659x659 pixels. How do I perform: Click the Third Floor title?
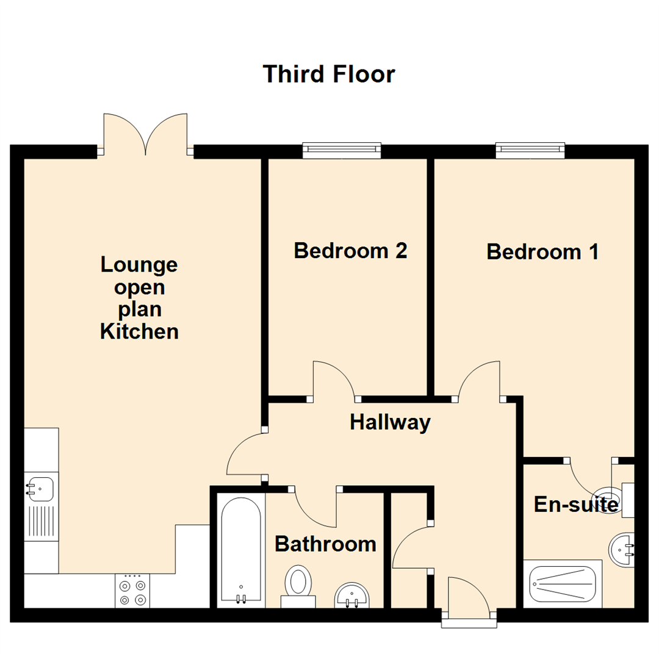[329, 74]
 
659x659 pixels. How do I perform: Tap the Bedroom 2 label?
[350, 251]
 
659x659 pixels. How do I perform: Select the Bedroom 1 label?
[542, 252]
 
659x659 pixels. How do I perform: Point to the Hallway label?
[391, 422]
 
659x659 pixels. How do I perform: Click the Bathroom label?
[325, 544]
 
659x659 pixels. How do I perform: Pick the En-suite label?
[577, 505]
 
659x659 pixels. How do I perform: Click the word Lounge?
[139, 265]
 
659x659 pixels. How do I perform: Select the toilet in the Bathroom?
[298, 583]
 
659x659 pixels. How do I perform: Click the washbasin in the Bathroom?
[351, 595]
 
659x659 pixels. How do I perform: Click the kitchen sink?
[40, 489]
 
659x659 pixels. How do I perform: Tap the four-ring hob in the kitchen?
[132, 591]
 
